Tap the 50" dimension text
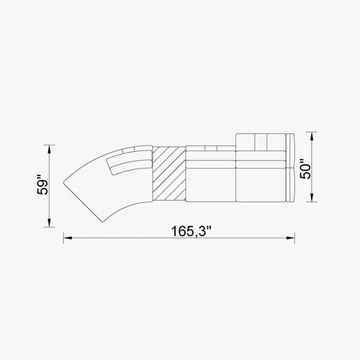[305, 168]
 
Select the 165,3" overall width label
[192, 232]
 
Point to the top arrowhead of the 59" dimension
[49, 150]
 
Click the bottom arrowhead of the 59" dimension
[49, 222]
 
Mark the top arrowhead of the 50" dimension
[312, 137]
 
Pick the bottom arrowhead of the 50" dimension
[312, 197]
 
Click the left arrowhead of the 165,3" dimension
[68, 238]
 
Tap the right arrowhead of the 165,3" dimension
[290, 238]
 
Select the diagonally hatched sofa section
[169, 174]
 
